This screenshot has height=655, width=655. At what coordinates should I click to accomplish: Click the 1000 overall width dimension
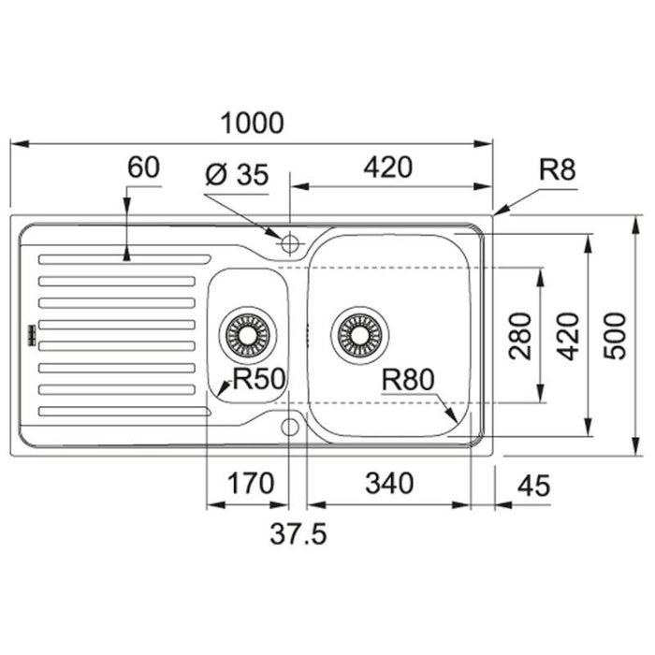(x=252, y=124)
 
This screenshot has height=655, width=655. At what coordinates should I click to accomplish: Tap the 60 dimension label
(x=143, y=167)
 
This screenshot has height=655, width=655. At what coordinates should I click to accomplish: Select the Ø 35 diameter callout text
(x=237, y=174)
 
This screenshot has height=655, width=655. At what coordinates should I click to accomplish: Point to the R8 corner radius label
(x=558, y=169)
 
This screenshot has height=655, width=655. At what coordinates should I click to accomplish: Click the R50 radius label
(x=259, y=379)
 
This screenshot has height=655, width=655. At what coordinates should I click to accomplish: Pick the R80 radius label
(x=408, y=380)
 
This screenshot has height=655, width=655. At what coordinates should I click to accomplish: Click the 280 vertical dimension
(x=520, y=336)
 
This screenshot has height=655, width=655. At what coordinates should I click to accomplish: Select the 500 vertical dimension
(x=616, y=336)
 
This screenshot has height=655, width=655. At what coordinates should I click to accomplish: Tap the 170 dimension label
(x=250, y=484)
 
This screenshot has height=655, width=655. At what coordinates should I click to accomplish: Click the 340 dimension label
(x=389, y=484)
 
